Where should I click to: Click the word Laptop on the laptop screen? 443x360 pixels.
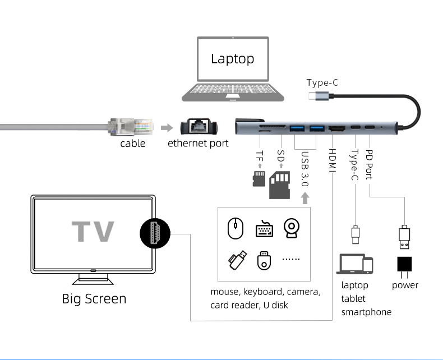coord(232,58)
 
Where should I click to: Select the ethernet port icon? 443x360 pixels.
coord(197,127)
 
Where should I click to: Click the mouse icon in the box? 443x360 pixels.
coord(236,229)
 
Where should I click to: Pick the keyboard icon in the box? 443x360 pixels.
coord(264,229)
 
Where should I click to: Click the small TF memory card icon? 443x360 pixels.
coord(259,179)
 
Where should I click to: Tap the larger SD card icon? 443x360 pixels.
coord(280,184)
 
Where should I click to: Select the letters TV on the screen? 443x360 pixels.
coord(93,231)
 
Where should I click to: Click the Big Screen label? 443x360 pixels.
coord(94,298)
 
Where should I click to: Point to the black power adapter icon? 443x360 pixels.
coord(404,264)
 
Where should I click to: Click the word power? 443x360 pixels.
coord(405,285)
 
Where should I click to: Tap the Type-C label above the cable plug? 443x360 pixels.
coord(322,83)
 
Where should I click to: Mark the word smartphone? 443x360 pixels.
coord(366,312)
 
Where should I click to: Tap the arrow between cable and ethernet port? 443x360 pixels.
coord(167,127)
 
